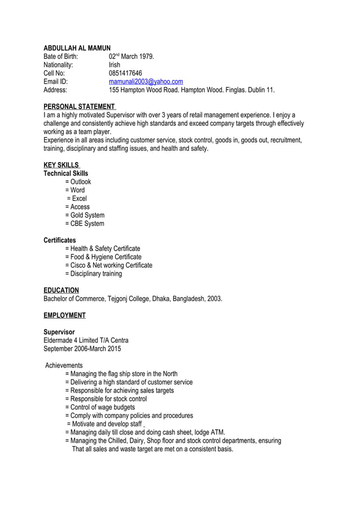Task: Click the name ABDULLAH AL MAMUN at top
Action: [77, 48]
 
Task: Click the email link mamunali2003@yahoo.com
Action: [146, 81]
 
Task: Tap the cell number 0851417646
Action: [125, 73]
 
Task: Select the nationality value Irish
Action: [115, 65]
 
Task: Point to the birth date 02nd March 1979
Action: [131, 56]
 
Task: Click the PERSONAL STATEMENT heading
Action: [80, 107]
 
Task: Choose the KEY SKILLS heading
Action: [62, 165]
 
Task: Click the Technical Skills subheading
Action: [65, 173]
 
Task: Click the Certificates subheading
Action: [60, 240]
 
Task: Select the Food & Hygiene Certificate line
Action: [103, 257]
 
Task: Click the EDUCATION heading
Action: [61, 290]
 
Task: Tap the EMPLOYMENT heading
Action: [64, 315]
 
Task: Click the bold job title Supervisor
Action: [59, 332]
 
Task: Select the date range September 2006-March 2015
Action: [82, 348]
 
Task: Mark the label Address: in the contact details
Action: [55, 90]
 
